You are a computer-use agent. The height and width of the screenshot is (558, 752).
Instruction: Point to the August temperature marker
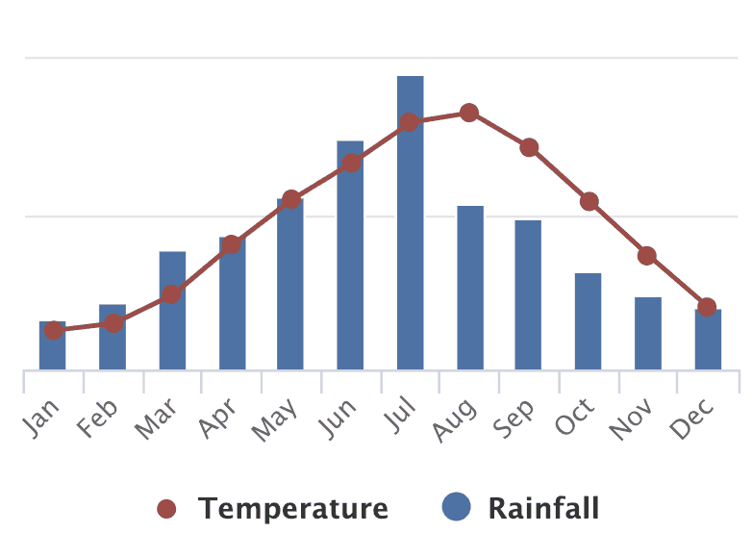469,113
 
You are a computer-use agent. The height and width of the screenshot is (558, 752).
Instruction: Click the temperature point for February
113,323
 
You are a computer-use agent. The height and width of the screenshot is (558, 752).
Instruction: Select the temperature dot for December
707,307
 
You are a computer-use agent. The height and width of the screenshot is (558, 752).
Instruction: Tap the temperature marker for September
529,147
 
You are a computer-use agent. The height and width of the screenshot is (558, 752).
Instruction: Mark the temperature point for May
291,199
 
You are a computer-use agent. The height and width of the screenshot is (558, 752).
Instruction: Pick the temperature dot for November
647,255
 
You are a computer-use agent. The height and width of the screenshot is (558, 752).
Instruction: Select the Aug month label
456,419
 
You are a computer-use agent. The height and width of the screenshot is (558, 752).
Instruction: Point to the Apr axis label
220,418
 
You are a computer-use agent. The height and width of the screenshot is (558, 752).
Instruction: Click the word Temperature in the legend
293,508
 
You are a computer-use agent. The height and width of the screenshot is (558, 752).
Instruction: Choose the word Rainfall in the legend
543,508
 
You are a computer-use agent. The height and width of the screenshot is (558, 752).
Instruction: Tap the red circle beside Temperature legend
166,508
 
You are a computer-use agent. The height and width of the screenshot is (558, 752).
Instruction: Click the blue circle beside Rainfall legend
456,506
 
